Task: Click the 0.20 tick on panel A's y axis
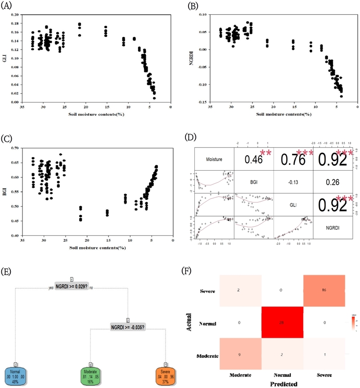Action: pos(14,15)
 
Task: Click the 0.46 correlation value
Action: pos(253,159)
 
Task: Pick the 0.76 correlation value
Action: pos(292,159)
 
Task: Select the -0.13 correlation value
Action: pos(292,183)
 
